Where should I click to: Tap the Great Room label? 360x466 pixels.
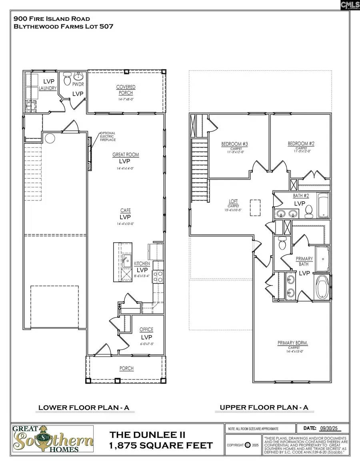pyautogui.click(x=126, y=155)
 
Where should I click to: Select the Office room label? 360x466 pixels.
pyautogui.click(x=146, y=330)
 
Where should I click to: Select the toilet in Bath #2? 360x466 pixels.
pyautogui.click(x=308, y=210)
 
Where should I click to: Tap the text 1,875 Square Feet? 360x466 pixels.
pyautogui.click(x=161, y=446)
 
